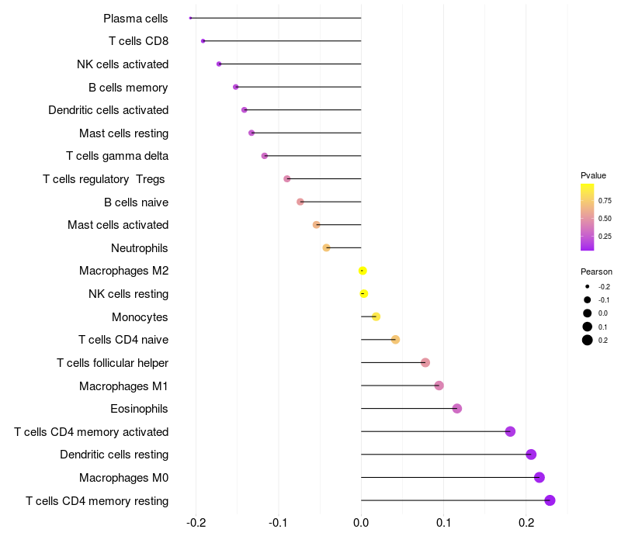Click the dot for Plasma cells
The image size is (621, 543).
(190, 18)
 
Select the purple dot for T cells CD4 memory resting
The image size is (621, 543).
(550, 500)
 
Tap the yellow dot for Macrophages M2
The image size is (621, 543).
(363, 271)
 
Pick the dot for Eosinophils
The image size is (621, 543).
(457, 409)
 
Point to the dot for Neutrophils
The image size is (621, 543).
(327, 247)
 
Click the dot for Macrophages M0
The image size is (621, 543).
(539, 478)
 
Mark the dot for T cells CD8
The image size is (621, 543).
(203, 41)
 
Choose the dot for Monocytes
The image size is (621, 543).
(376, 316)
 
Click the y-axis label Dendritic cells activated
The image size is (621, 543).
(109, 110)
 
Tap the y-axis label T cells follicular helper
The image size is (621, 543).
(113, 363)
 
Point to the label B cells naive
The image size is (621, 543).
(136, 202)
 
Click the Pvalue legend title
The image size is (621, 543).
(593, 175)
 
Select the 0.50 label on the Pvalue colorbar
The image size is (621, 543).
(605, 219)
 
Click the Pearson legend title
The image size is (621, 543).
(596, 271)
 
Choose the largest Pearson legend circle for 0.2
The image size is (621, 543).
(588, 340)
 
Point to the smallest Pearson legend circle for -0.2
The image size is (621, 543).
(588, 287)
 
